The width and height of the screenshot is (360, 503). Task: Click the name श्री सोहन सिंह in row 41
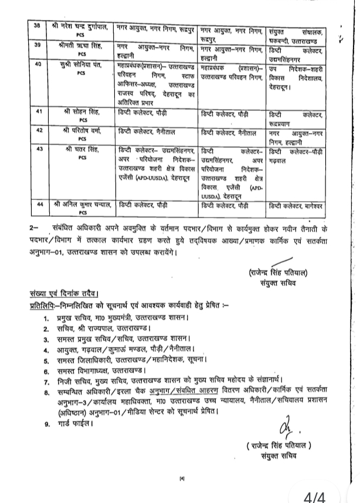[x=80, y=111]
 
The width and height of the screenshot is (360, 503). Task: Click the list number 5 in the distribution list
[x=46, y=360]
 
